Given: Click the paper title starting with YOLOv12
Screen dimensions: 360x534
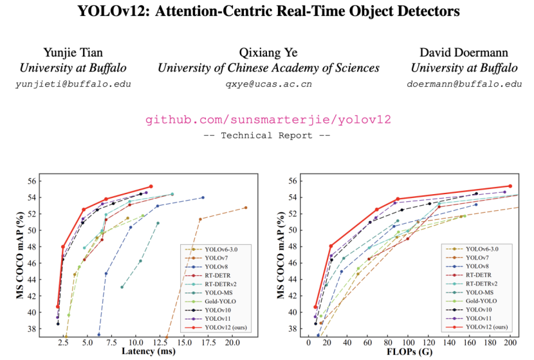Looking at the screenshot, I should pos(266,12).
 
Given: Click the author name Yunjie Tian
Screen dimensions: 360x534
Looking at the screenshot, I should pos(72,52).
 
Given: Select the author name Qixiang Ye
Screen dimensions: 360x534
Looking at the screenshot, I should pos(268,52).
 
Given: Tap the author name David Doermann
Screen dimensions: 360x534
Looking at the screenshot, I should pos(464,52).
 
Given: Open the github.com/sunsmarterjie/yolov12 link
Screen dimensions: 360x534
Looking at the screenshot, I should pos(268,120).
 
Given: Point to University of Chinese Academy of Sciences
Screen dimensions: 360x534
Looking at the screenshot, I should pos(268,68).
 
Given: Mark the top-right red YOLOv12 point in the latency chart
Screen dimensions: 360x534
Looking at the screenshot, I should pos(151,186).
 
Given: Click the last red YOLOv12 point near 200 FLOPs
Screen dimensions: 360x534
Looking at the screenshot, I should pos(510,186).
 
